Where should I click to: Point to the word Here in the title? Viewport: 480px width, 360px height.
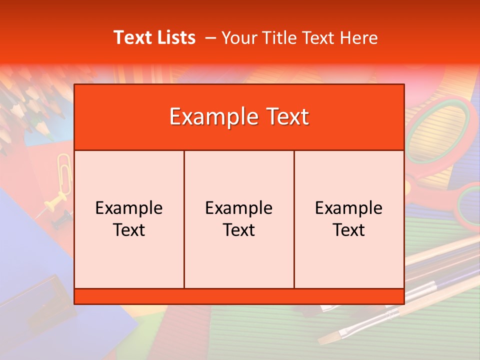(x=358, y=37)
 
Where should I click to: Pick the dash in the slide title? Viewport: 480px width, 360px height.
(x=210, y=38)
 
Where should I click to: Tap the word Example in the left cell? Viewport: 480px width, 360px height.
(x=129, y=208)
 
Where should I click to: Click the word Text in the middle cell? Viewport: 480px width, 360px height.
(x=239, y=230)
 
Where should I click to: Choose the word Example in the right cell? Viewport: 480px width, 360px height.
(x=349, y=208)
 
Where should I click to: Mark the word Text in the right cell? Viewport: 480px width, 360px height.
(x=349, y=230)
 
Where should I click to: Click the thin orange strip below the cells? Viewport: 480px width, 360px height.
(x=239, y=296)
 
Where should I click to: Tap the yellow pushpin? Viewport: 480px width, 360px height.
(x=52, y=204)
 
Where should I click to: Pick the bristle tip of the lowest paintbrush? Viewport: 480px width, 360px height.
(x=327, y=339)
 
